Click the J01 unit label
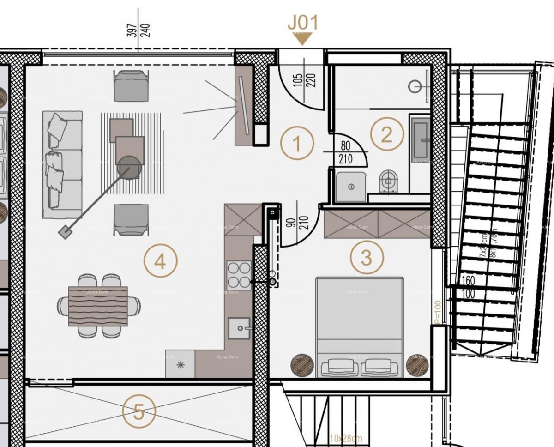coord(302,23)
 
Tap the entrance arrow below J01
coord(302,39)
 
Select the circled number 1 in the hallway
coord(298,144)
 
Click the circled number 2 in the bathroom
coord(386,134)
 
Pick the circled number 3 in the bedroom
coord(366,258)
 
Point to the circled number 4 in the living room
coord(160,262)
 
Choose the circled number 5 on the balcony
coord(139,411)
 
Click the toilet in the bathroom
coord(388,181)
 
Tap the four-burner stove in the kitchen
coord(239,275)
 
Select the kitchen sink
coord(239,328)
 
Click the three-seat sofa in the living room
coord(63,164)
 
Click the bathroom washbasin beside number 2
coord(421,139)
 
